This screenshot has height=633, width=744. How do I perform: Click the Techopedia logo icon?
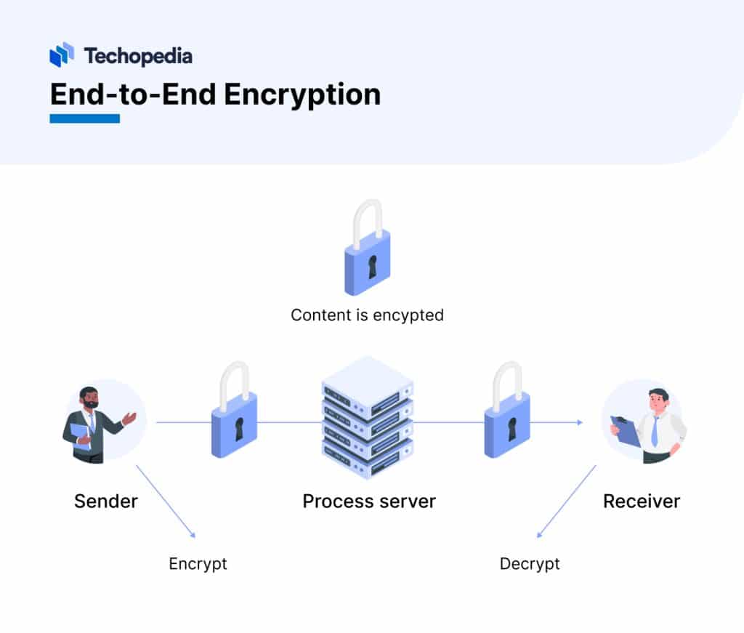point(62,55)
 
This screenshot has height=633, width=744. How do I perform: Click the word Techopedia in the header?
point(138,55)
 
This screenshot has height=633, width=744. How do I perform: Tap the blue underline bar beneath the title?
point(84,118)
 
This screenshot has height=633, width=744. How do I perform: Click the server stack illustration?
point(368,418)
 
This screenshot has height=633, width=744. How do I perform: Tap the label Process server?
point(369,501)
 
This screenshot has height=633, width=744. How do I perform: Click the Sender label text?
point(106,501)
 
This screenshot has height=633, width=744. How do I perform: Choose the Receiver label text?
point(642,501)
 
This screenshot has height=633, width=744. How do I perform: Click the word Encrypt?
point(198,564)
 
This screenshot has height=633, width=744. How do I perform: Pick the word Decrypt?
point(530,564)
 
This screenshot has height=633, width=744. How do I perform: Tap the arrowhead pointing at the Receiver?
point(579,422)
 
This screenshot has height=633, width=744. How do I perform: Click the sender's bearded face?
point(89,400)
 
